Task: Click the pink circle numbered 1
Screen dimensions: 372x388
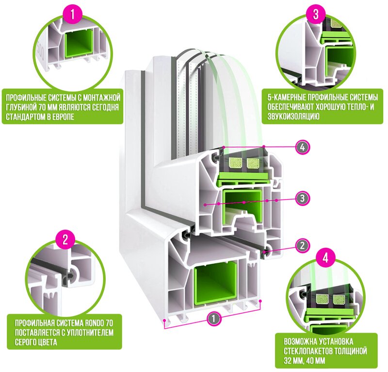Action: [73, 15]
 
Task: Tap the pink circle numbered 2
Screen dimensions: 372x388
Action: [66, 238]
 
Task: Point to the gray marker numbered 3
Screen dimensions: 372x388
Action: [302, 198]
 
